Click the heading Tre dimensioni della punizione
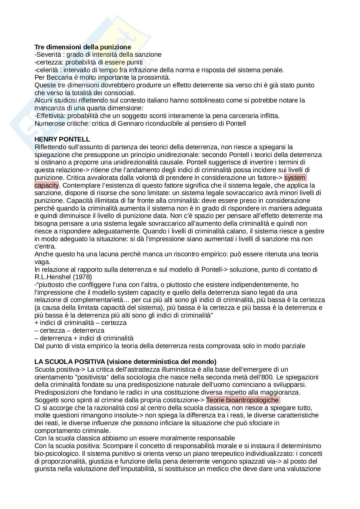[x=83, y=47]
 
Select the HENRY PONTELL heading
[x=62, y=139]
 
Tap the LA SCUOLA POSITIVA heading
[x=125, y=361]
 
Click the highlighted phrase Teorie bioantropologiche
[x=242, y=400]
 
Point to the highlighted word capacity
[x=46, y=185]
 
